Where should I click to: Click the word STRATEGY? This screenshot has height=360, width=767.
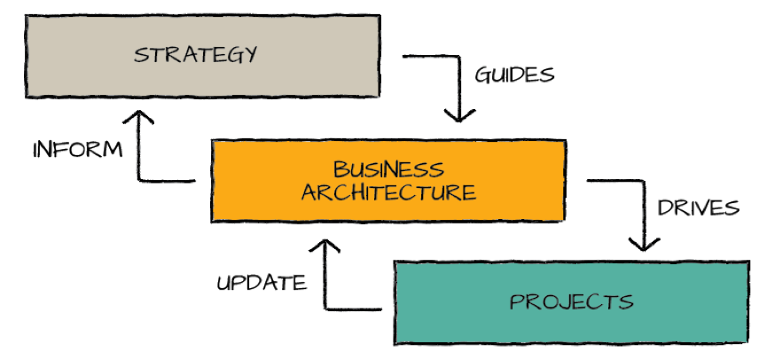coord(195,54)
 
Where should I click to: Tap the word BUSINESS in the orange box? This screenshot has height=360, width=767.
coord(387,169)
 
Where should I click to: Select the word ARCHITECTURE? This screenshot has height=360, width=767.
coord(387,192)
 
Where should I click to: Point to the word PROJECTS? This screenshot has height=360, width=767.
coord(571,301)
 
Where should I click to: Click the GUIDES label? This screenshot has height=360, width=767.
coord(514,74)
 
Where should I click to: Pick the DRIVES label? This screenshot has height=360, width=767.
coord(698,208)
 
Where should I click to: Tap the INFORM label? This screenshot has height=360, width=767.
coord(77,149)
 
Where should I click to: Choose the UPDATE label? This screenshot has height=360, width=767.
coord(262,284)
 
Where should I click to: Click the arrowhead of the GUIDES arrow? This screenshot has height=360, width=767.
coord(458,117)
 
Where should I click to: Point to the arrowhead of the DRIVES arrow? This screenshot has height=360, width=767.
coord(643,245)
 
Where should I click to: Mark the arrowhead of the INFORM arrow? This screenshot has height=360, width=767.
coord(140,119)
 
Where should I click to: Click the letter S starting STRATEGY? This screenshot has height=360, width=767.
coord(140,54)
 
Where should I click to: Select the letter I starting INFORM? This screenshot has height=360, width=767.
coord(37,149)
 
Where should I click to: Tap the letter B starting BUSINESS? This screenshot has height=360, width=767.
coord(339,169)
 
